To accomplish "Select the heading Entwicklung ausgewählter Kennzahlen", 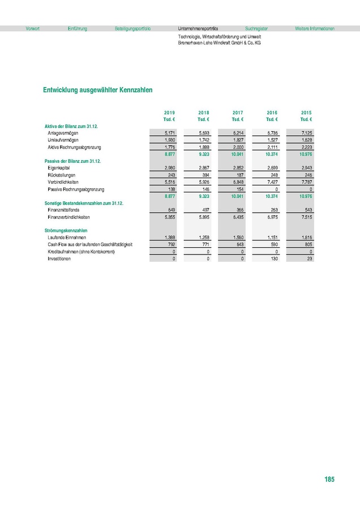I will [x=97, y=90].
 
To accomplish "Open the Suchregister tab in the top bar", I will [x=256, y=28].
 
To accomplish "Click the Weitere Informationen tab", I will [x=315, y=28].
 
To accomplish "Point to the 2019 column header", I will [x=169, y=113].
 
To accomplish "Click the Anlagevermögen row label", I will [x=63, y=132].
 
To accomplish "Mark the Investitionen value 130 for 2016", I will [x=273, y=259].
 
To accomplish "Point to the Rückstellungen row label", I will [x=62, y=175].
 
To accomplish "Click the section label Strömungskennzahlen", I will [x=67, y=230].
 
